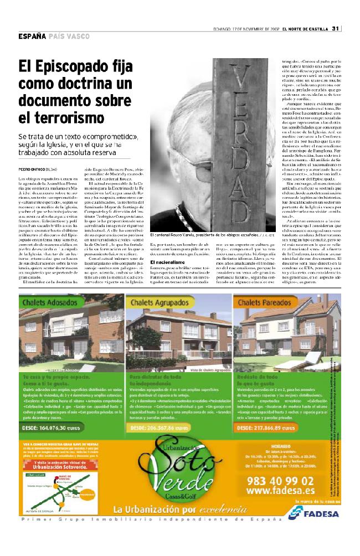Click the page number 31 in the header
click(x=335, y=29)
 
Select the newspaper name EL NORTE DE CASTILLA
click(x=306, y=29)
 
